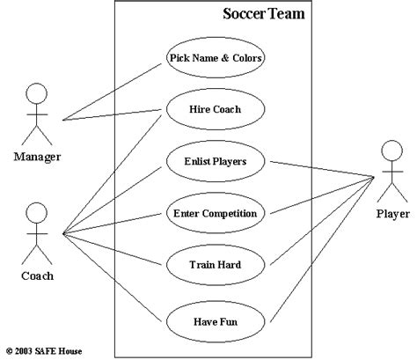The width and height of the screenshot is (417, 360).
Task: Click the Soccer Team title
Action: point(264,14)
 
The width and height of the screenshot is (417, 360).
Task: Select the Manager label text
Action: point(37,157)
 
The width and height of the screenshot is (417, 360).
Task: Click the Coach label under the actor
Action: point(38,276)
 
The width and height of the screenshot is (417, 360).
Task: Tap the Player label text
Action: point(393,214)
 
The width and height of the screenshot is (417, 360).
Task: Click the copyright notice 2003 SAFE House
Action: point(44,351)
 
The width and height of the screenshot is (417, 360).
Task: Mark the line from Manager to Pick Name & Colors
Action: point(113,92)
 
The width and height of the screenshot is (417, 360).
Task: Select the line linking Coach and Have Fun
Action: point(113,277)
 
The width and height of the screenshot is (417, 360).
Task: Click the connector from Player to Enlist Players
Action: point(322,169)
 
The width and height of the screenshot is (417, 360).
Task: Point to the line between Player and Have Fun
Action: point(322,250)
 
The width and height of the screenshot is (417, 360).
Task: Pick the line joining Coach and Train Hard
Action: point(113,249)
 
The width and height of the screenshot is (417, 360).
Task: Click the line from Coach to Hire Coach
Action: point(113,175)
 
